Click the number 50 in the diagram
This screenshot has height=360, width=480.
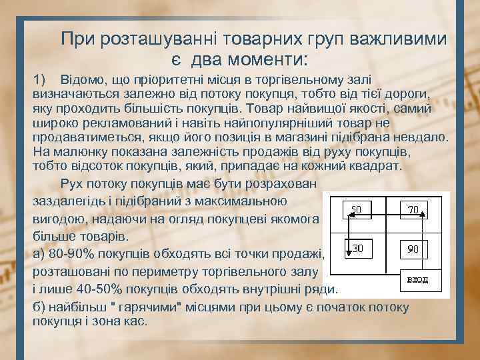coord(357,210)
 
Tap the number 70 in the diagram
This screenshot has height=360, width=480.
coord(413,210)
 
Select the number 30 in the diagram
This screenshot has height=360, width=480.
coord(357,248)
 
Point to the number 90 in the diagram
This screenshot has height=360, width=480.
coord(413,249)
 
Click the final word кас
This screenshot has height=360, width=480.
coord(135,321)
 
